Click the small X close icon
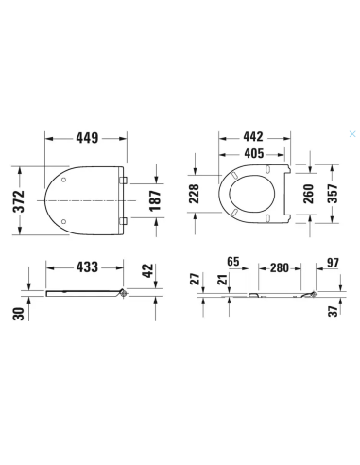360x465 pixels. click(x=352, y=134)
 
